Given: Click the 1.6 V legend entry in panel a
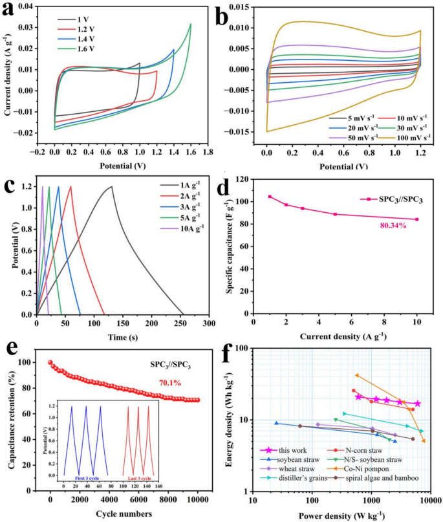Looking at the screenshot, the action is click(x=76, y=49).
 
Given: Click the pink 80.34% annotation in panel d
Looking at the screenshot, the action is click(x=393, y=226).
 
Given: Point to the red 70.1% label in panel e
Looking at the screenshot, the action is click(x=170, y=383).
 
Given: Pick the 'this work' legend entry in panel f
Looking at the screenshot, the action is click(x=283, y=450).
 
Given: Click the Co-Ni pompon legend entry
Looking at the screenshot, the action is click(x=358, y=469).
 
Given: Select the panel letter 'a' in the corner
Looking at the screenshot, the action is click(x=8, y=10).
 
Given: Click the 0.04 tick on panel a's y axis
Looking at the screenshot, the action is click(x=28, y=6).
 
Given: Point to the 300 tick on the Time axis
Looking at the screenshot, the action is click(x=210, y=323).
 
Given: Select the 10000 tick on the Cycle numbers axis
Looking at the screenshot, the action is click(x=198, y=499).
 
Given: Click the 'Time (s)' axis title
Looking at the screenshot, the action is click(x=123, y=338).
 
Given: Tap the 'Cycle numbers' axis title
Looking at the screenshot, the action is click(x=124, y=514).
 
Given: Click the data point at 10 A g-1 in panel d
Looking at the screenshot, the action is click(x=416, y=219).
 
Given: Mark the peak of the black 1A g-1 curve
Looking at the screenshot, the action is click(x=111, y=186).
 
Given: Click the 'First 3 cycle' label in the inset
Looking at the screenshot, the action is click(x=87, y=479).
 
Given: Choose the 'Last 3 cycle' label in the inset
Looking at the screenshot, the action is click(x=140, y=479).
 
